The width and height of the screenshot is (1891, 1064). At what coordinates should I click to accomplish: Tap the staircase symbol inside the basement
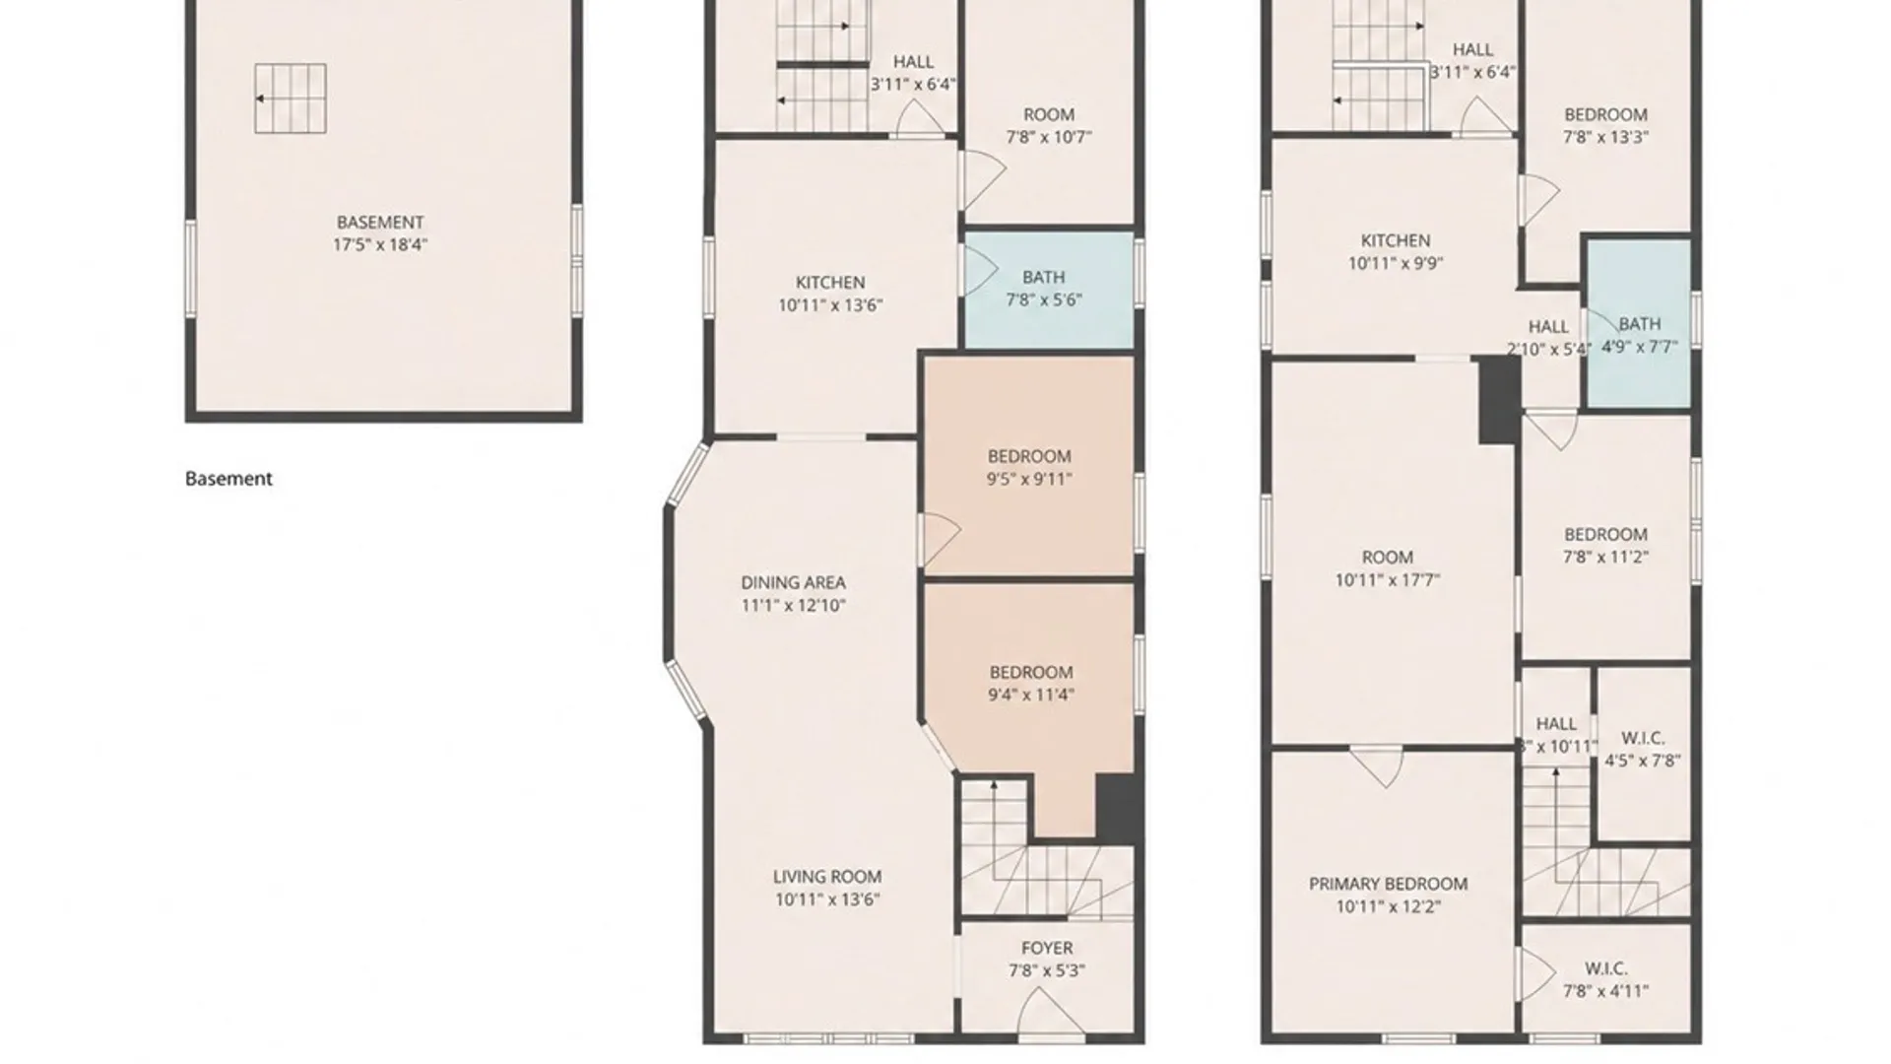tap(291, 99)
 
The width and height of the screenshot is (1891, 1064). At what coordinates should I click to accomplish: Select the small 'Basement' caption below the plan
tap(228, 479)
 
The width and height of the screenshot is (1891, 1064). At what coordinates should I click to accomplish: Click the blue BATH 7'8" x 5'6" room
tap(1048, 289)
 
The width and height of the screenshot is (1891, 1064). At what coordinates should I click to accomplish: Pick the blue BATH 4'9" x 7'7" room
tap(1638, 322)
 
